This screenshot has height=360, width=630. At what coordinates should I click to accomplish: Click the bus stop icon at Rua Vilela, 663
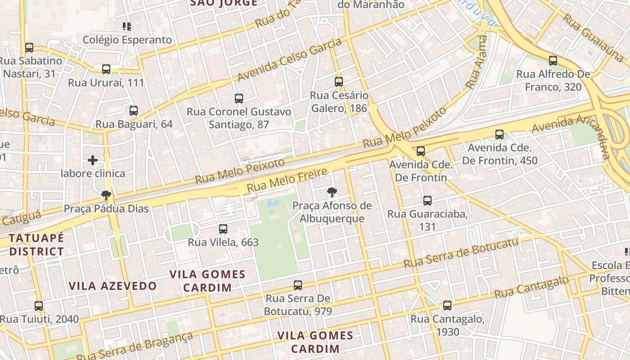pos(223,229)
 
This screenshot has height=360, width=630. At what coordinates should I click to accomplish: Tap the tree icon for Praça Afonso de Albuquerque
pos(332,193)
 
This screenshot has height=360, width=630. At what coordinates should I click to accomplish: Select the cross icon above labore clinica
pos(93,160)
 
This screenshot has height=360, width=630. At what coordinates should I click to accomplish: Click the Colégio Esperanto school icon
pos(127,27)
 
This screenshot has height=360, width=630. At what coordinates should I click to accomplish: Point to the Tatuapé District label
pos(36,244)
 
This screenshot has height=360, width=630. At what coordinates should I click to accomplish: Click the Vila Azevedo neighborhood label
pos(112,286)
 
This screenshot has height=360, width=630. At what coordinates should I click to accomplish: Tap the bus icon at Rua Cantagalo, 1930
pos(447,306)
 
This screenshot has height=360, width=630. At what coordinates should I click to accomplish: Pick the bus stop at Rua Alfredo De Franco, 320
pos(553,61)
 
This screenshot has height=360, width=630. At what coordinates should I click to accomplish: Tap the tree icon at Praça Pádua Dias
pos(106,195)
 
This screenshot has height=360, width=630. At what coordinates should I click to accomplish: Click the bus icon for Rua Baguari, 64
pos(134,111)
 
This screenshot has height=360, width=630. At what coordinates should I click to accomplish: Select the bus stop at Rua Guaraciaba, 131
pos(427,201)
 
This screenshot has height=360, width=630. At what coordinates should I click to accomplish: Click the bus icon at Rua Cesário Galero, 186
pos(339,82)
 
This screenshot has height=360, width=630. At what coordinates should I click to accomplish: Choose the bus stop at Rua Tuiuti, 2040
pos(39,306)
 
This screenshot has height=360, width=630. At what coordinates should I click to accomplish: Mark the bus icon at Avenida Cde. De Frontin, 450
pos(499,135)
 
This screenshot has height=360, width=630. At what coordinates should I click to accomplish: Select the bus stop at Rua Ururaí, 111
pos(106,69)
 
